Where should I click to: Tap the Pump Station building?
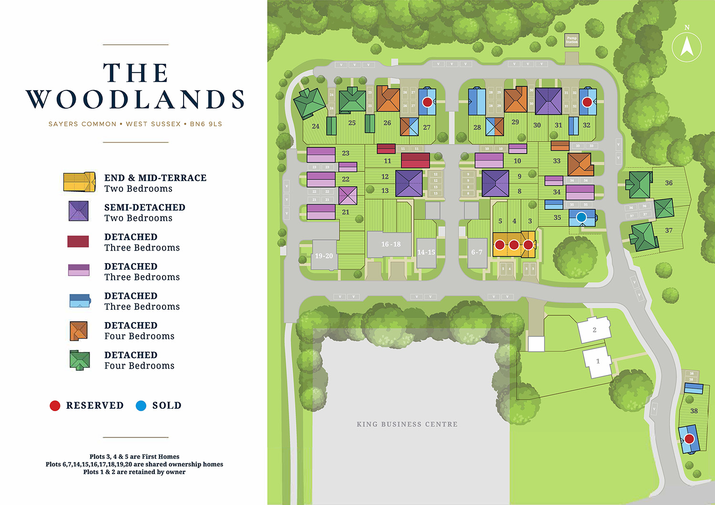572,40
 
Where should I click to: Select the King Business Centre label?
407,424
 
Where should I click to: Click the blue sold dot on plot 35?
581,217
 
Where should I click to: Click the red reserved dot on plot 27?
427,102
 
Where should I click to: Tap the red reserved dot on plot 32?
587,102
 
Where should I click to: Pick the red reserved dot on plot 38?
689,439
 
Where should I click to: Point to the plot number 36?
669,183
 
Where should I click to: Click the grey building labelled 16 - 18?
390,244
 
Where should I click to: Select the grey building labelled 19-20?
324,256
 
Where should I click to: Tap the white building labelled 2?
594,330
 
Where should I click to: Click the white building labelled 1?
598,362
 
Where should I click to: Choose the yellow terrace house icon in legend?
79,182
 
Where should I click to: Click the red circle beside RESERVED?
55,405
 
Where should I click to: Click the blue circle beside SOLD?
141,405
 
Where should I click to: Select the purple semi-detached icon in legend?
79,211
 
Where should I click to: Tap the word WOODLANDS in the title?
135,100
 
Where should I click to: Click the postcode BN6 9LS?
206,124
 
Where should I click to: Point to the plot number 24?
316,126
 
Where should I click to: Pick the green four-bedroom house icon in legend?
79,360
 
